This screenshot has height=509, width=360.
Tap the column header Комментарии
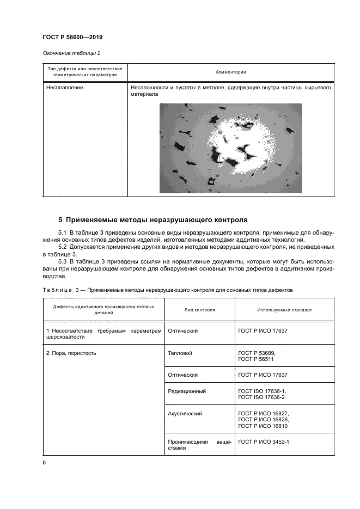(x=230, y=72)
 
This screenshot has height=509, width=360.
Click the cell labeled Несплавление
(x=64, y=87)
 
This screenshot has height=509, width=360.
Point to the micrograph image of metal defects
(x=230, y=148)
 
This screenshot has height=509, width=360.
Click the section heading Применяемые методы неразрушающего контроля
(x=153, y=220)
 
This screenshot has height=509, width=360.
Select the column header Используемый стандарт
(x=284, y=310)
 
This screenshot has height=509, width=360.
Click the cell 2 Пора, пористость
(x=71, y=353)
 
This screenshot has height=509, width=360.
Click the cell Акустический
(x=185, y=413)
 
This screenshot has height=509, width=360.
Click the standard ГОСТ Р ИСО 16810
(x=263, y=426)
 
